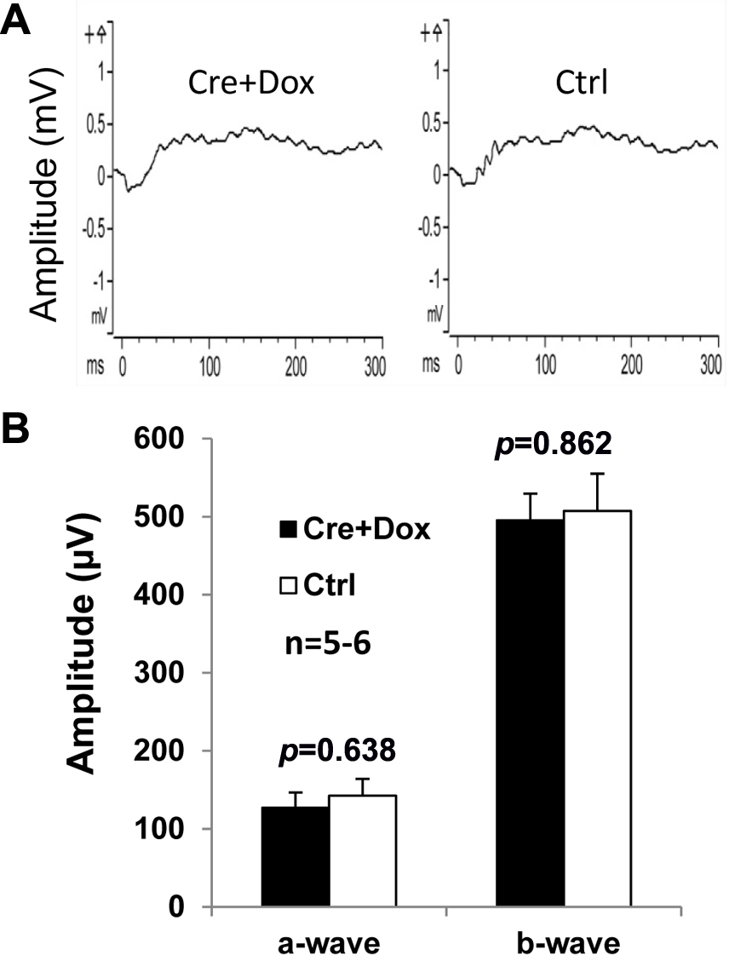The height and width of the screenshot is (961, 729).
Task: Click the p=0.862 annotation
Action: point(554,446)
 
